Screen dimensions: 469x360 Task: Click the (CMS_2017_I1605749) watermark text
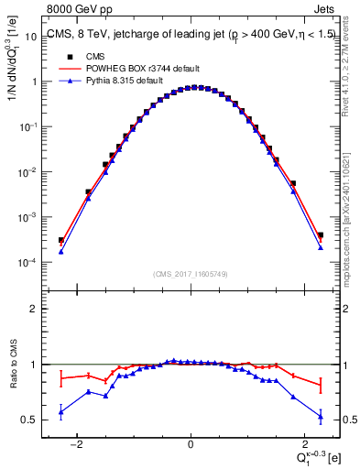pos(190,273)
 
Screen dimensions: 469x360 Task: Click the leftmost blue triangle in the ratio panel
pos(60,412)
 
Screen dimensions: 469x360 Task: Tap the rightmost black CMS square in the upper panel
pos(321,235)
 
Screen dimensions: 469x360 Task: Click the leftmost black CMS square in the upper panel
pos(60,240)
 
